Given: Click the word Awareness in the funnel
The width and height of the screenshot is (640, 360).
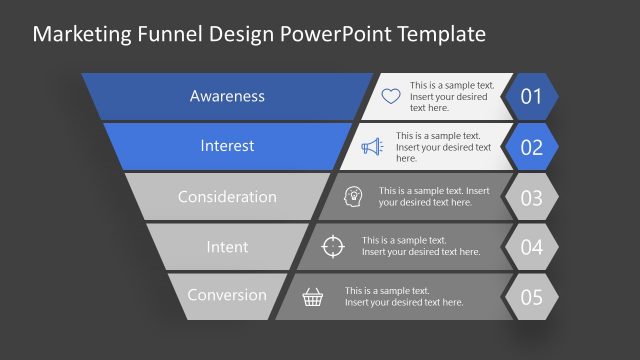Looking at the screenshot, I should pyautogui.click(x=227, y=96).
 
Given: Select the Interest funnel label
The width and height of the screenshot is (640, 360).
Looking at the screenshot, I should pyautogui.click(x=227, y=146).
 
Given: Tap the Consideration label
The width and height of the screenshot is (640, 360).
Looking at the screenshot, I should pyautogui.click(x=227, y=196).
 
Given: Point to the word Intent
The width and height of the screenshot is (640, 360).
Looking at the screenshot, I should pyautogui.click(x=227, y=246).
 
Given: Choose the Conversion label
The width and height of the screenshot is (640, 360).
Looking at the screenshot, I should pyautogui.click(x=227, y=295).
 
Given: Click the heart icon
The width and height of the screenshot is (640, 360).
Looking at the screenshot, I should pyautogui.click(x=391, y=97).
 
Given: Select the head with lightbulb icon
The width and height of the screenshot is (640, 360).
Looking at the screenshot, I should pyautogui.click(x=354, y=196).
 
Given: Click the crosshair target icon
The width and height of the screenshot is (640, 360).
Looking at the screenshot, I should pyautogui.click(x=334, y=246).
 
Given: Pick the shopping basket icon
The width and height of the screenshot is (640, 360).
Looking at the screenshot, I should pyautogui.click(x=314, y=296).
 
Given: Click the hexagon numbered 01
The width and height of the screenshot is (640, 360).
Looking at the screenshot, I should pyautogui.click(x=531, y=97).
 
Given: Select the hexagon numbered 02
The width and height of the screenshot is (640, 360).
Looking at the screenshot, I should pyautogui.click(x=531, y=147).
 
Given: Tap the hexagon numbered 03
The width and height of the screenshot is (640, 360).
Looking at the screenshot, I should pyautogui.click(x=531, y=197).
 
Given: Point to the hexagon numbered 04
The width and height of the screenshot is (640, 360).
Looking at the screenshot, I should pyautogui.click(x=531, y=247).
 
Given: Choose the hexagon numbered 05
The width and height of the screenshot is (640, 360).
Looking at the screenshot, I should pyautogui.click(x=531, y=297).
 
